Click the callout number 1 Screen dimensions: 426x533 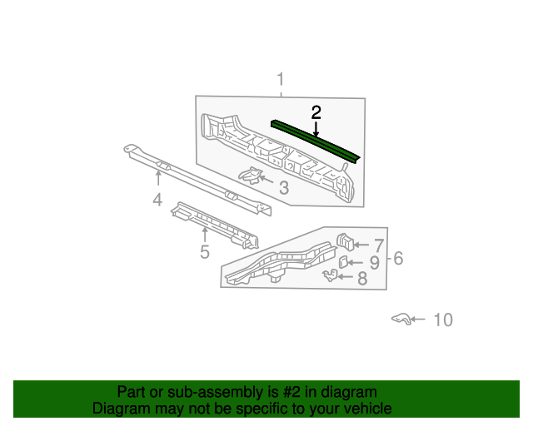click(281, 79)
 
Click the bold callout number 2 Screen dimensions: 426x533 click(316, 112)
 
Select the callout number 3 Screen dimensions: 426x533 click(284, 188)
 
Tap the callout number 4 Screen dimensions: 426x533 click(157, 199)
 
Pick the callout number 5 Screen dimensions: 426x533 click(204, 251)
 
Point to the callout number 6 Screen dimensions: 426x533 click(398, 259)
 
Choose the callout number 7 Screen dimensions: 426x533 click(378, 245)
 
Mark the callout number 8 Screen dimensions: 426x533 click(362, 279)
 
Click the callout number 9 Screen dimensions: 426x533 click(374, 263)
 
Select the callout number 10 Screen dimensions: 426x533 click(443, 319)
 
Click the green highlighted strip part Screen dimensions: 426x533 click(316, 140)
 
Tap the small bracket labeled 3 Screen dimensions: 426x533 click(249, 175)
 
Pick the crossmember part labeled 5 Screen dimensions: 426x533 click(217, 225)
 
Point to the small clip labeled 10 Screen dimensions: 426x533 click(401, 319)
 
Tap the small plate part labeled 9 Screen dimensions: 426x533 click(343, 261)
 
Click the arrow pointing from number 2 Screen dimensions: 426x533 click(316, 129)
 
